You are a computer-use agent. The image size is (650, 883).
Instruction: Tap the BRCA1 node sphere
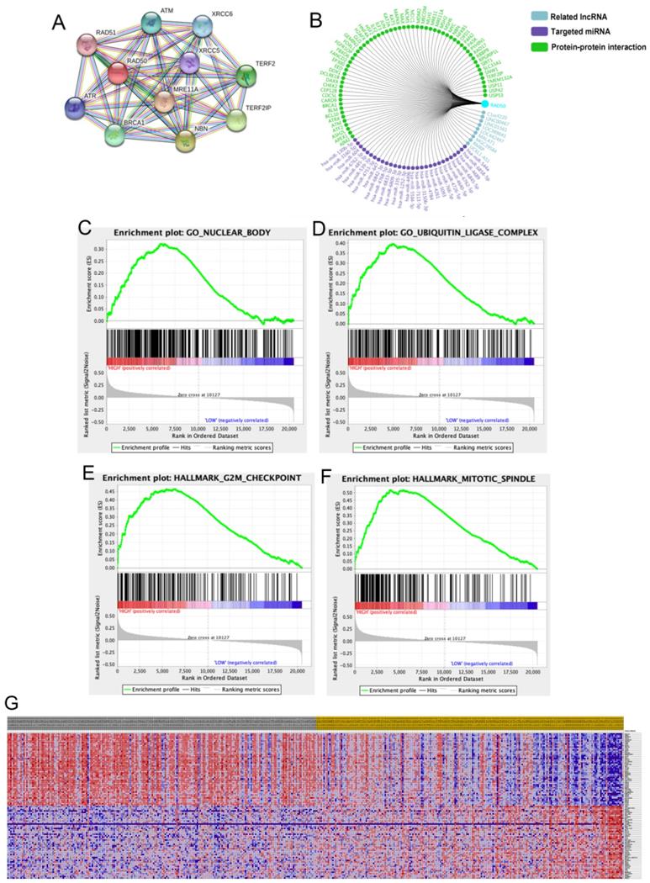click(x=121, y=135)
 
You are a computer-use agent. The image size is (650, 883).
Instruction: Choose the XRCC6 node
click(x=205, y=28)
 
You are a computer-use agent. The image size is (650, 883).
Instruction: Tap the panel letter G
click(x=11, y=702)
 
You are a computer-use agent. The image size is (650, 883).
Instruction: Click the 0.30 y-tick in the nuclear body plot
click(x=99, y=249)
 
